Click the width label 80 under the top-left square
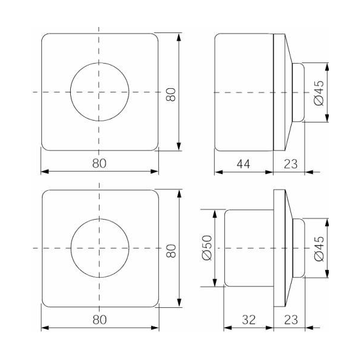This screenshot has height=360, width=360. tap(100, 163)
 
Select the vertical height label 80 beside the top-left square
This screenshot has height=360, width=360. tap(171, 94)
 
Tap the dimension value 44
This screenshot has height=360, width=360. tap(244, 164)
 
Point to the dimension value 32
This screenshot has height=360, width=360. tap(249, 320)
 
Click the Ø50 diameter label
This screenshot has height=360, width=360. tap(207, 248)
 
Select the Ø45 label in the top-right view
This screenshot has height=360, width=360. tap(319, 93)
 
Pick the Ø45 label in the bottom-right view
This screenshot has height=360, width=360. tap(319, 248)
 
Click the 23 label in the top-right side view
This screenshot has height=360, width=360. tap(290, 164)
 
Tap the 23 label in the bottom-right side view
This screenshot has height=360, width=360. tap(291, 320)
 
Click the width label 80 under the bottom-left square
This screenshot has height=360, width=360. tap(100, 320)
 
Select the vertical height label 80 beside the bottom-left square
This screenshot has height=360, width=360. tap(171, 251)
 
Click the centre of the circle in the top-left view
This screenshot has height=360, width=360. tap(99, 92)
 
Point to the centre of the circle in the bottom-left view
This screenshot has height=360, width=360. tap(100, 248)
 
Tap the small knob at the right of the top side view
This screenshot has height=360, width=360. tap(298, 92)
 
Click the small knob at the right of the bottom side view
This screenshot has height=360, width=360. tap(299, 248)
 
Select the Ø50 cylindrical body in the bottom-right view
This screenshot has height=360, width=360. tap(249, 248)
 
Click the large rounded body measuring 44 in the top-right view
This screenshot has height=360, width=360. tap(244, 92)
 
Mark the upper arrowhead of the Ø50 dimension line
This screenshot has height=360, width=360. tap(215, 214)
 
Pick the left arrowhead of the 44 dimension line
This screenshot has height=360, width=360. tap(218, 172)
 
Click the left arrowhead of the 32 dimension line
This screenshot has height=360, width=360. tap(228, 328)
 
